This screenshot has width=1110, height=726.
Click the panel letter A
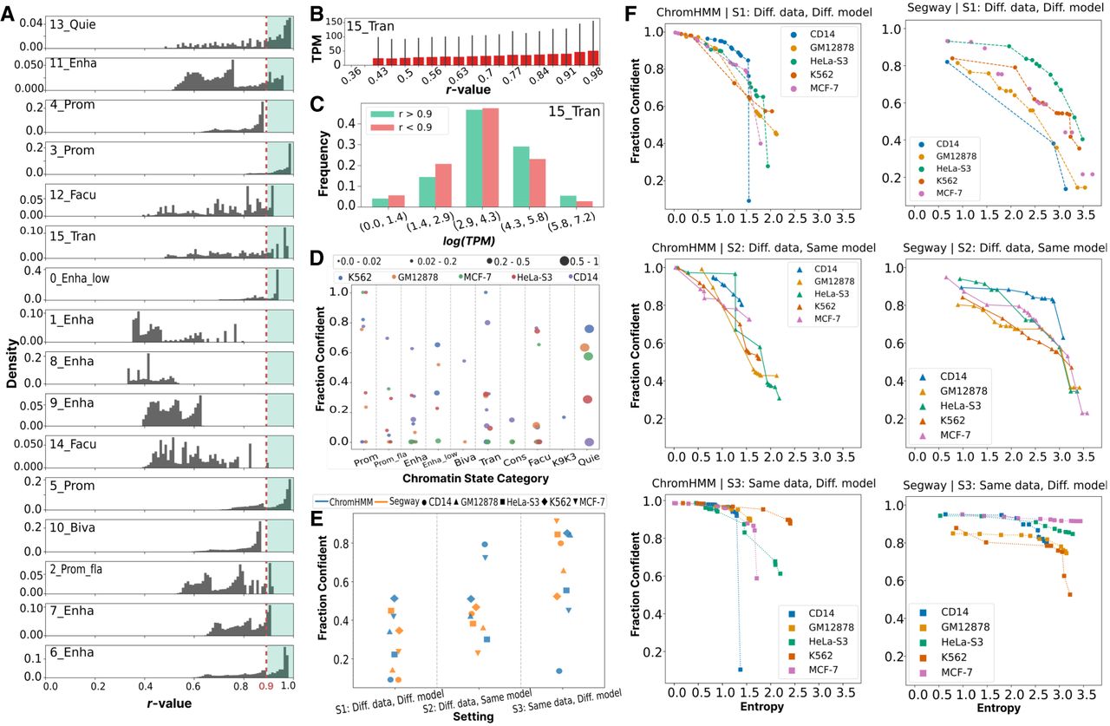[x=7, y=13]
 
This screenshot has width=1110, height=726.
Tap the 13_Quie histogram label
[x=72, y=24]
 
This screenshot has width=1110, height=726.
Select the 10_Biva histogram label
[x=72, y=527]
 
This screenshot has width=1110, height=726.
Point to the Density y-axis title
[x=12, y=363]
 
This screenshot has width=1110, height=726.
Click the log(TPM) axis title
[x=468, y=241]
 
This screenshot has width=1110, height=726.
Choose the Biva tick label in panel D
[x=465, y=460]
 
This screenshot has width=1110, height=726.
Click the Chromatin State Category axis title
[x=475, y=478]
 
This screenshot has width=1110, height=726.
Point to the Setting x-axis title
[x=473, y=716]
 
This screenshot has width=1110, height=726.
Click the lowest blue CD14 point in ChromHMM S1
[x=748, y=200]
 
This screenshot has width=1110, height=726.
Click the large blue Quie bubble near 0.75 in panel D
[x=589, y=329]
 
